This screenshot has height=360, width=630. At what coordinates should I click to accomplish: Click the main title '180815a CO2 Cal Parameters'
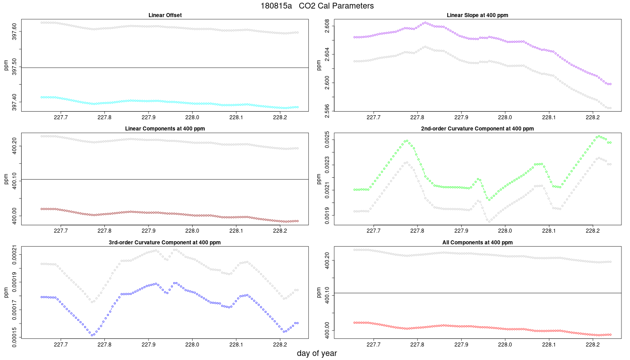click(x=317, y=5)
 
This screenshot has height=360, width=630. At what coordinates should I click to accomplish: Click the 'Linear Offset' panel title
click(x=165, y=15)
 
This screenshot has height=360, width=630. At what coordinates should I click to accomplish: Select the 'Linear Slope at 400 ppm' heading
click(x=477, y=15)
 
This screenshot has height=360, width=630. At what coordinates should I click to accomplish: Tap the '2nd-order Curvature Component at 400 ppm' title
click(x=477, y=129)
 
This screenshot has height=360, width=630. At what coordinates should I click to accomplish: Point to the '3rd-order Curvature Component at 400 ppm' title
click(x=165, y=243)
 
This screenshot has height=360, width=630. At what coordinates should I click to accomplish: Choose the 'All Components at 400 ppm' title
click(x=477, y=243)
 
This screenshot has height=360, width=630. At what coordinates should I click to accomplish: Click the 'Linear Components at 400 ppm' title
click(x=165, y=129)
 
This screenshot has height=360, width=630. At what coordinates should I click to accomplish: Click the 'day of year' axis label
click(x=317, y=353)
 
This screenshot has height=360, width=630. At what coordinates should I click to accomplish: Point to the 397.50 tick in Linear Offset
click(x=14, y=67)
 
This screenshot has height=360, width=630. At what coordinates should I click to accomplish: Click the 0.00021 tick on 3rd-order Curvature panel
click(x=14, y=255)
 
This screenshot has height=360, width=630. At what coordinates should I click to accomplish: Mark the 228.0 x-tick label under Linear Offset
click(x=192, y=117)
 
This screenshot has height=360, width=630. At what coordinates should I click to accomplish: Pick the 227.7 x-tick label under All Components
click(x=373, y=345)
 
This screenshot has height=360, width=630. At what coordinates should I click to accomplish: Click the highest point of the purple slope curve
click(x=425, y=22)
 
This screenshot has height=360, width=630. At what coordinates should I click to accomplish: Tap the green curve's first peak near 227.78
click(x=407, y=141)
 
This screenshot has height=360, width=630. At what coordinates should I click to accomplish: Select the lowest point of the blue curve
click(x=92, y=335)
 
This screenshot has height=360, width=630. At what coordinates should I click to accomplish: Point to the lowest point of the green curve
click(x=490, y=200)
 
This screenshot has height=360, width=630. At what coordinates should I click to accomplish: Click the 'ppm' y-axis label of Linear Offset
click(x=6, y=65)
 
